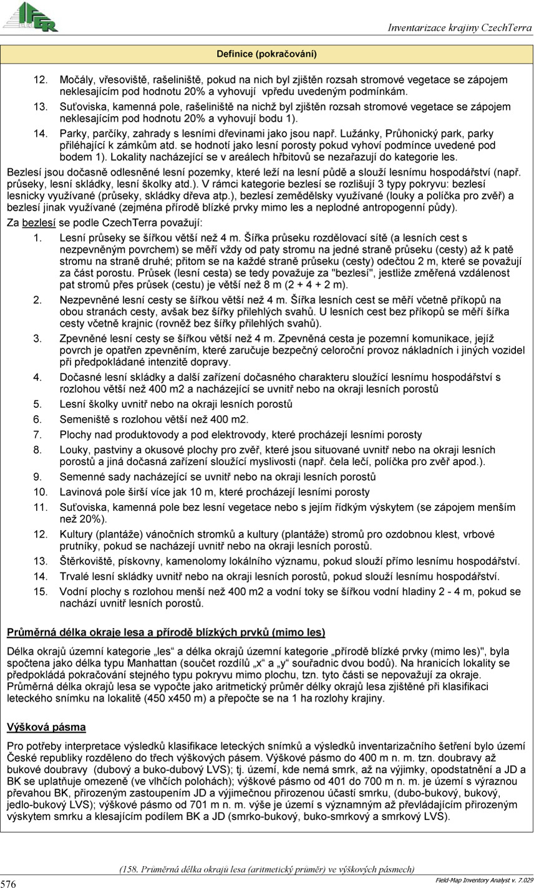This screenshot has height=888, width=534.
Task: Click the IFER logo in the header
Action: tap(31, 17)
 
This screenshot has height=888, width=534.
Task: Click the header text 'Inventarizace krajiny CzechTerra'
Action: tap(460, 28)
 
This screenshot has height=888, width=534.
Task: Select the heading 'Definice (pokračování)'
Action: tap(266, 54)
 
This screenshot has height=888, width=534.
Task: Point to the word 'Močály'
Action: tap(75, 80)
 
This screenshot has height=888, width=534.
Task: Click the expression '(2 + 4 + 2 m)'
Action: tap(320, 284)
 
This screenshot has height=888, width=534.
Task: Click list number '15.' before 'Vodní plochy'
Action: tap(40, 591)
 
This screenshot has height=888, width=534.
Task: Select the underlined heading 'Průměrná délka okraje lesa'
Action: tap(166, 633)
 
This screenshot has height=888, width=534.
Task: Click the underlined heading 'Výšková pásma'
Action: tap(46, 727)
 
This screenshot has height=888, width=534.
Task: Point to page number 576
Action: tap(9, 883)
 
